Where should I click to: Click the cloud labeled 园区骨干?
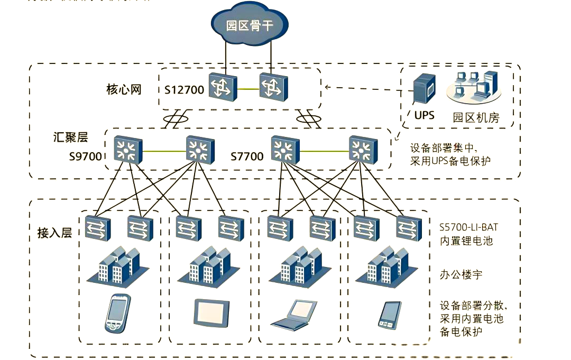(250, 25)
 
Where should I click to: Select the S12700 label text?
(183, 90)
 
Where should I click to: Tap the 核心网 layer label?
(124, 88)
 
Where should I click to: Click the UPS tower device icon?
(424, 90)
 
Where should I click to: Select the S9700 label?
(85, 156)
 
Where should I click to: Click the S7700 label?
(247, 156)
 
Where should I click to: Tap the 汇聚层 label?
(70, 137)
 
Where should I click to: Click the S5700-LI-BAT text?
(468, 227)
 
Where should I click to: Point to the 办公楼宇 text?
(461, 275)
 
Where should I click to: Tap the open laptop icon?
(294, 314)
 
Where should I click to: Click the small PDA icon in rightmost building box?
(389, 315)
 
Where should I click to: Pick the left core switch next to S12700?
(222, 87)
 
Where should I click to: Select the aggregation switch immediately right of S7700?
(285, 150)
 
